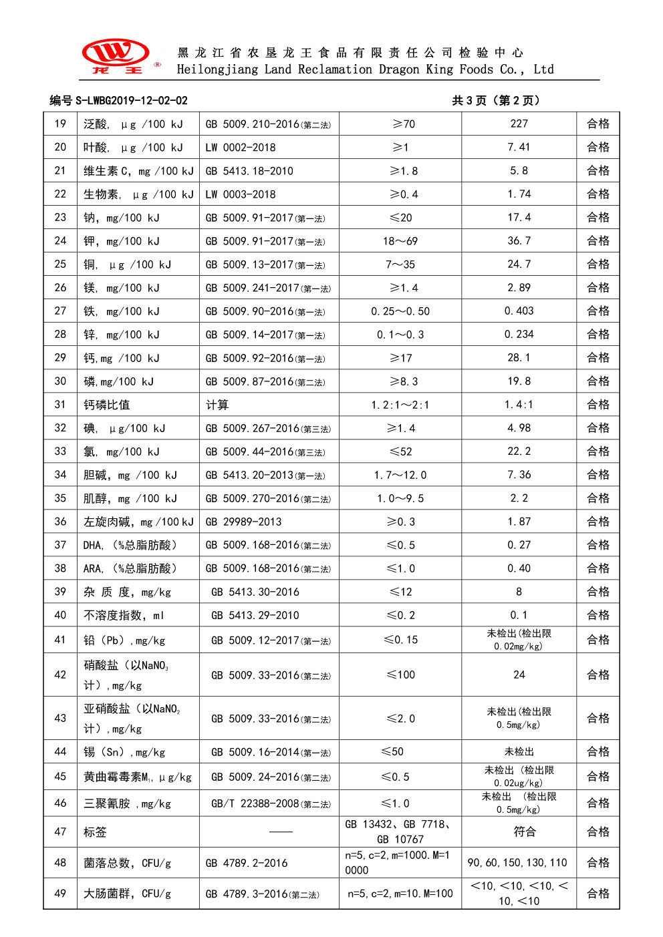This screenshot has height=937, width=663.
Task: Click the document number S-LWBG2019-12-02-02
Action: tap(118, 101)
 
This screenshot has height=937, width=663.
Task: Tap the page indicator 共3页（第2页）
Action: tap(495, 101)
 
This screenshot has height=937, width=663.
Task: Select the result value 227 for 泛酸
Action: tap(519, 124)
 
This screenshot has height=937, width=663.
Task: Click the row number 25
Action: tap(60, 264)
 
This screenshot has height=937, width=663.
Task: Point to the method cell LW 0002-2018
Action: tap(241, 148)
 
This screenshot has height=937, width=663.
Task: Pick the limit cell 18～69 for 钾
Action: tap(400, 241)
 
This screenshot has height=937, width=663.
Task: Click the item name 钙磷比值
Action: tap(107, 405)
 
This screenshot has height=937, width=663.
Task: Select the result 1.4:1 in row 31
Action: tap(519, 405)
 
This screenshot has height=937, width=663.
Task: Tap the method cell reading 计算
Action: tap(217, 405)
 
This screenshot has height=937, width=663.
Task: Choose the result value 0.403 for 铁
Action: tap(519, 311)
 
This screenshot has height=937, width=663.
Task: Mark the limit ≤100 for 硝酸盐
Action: tap(400, 675)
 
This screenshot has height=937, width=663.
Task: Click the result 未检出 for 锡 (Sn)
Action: tap(519, 752)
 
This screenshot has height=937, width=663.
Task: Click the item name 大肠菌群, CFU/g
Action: tap(127, 894)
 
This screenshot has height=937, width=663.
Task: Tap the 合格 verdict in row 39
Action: tap(598, 592)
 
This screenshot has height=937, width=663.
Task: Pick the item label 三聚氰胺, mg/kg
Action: tap(127, 803)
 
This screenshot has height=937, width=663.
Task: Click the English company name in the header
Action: tap(365, 69)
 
